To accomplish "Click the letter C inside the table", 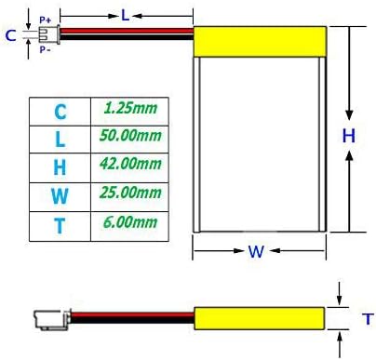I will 60,112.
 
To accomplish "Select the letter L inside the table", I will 60,140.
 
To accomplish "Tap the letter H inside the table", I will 60,167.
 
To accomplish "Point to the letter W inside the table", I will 60,196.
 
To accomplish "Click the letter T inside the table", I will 60,224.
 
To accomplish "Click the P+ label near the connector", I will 44,19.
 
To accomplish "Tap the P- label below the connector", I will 44,50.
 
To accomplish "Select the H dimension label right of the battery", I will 348,135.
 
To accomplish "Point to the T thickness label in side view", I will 368,318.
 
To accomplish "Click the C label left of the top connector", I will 10,35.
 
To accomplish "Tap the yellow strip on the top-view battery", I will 262,40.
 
